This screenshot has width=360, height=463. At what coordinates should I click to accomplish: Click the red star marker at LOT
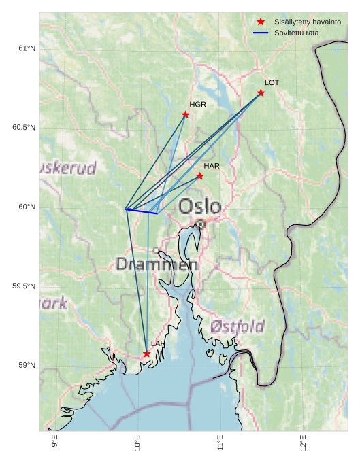261,92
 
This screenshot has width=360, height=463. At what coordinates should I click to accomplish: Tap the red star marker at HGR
185,114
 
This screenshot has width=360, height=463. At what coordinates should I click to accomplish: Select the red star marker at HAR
199,176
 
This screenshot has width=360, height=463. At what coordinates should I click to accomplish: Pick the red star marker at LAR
146,354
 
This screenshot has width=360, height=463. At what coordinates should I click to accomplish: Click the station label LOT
272,83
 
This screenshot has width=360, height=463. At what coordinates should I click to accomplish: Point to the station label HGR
197,105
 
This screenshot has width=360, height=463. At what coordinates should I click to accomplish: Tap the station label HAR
212,166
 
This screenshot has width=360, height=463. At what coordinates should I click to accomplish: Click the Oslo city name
199,207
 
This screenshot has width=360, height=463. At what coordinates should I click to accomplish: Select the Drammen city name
157,264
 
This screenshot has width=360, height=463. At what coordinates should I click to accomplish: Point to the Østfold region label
237,326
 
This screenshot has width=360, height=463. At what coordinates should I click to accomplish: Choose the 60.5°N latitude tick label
24,128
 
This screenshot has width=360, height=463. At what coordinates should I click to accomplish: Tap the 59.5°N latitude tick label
24,286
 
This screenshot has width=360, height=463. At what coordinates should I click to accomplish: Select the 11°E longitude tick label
220,443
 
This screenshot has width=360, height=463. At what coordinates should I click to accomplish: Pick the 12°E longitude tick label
304,443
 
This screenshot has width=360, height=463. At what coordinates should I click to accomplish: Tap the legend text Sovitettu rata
296,33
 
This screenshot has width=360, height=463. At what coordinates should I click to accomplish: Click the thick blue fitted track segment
142,211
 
